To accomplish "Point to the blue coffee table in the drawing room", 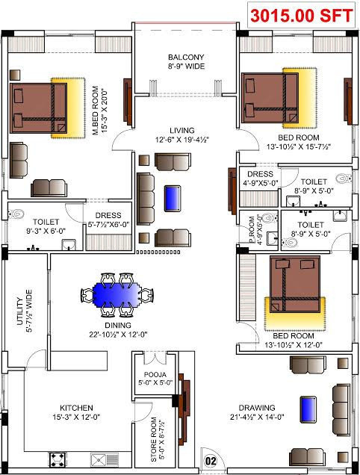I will [x=307, y=409].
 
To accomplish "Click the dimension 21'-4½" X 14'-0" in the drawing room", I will [x=258, y=417].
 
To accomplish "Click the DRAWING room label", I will [x=258, y=408].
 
